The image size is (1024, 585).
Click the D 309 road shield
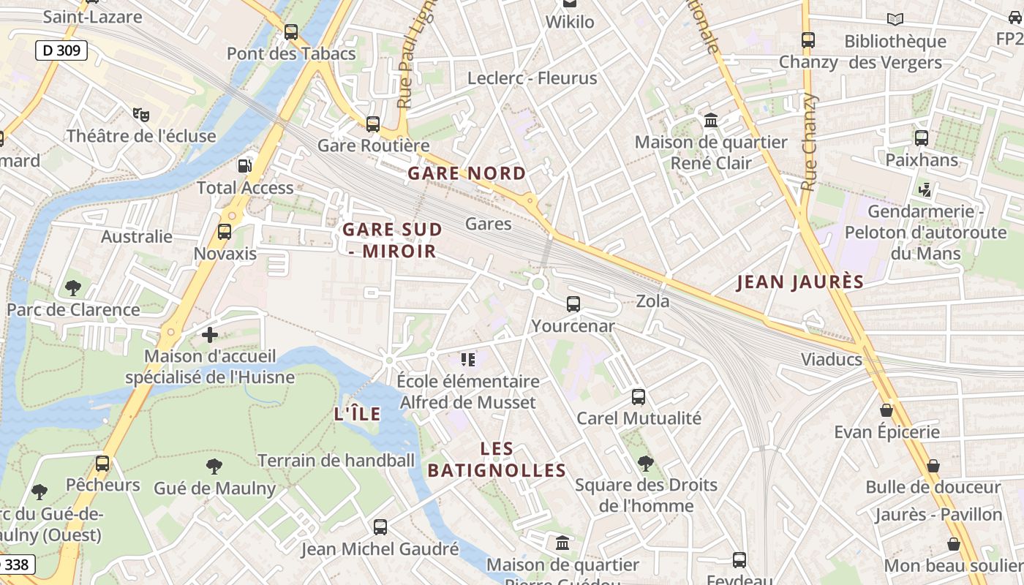[61, 50]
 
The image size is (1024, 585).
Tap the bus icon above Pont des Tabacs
[291, 32]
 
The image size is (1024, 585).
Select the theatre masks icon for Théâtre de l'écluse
[141, 114]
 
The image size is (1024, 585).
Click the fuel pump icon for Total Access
[244, 166]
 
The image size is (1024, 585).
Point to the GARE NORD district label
[467, 173]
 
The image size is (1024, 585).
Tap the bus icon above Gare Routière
[373, 124]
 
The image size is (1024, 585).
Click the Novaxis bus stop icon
[225, 232]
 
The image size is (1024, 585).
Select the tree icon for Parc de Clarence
[73, 288]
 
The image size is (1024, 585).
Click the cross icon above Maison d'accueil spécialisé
[210, 335]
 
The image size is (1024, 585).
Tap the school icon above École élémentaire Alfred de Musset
[468, 359]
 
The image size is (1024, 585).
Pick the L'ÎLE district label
[358, 414]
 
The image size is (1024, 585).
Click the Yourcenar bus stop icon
[573, 304]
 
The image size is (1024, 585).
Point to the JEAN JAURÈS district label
[800, 282]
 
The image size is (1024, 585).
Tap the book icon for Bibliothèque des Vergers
[895, 20]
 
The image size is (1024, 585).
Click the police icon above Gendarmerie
[925, 190]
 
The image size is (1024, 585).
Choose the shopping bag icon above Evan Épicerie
[886, 410]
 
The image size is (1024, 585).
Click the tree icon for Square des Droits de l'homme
[645, 463]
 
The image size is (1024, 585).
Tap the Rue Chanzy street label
[809, 143]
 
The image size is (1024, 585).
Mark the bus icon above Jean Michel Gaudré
[380, 527]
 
